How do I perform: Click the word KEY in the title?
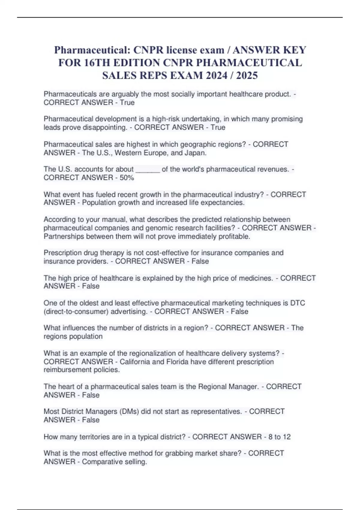[295, 50]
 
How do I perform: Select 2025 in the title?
[247, 75]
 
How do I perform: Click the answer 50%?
[127, 178]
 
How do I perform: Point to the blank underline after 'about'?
[148, 169]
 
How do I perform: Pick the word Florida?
[177, 361]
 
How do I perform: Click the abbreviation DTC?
[298, 303]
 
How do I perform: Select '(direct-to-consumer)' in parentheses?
[76, 311]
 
